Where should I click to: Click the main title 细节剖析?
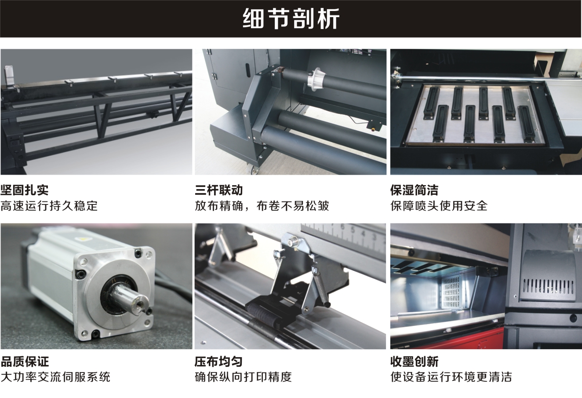pyautogui.click(x=291, y=19)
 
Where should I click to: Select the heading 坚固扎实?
pyautogui.click(x=25, y=190)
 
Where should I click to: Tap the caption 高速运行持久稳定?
pyautogui.click(x=49, y=206)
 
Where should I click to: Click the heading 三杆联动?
pyautogui.click(x=219, y=190)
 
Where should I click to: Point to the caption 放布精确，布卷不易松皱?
pyautogui.click(x=262, y=206)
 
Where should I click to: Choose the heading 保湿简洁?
pyautogui.click(x=414, y=190)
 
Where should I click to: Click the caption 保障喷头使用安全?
pyautogui.click(x=439, y=206)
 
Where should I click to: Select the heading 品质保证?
pyautogui.click(x=25, y=361)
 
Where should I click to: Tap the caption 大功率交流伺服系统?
pyautogui.click(x=55, y=377)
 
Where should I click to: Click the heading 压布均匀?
pyautogui.click(x=219, y=361)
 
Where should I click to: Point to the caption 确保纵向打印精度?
pyautogui.click(x=243, y=377)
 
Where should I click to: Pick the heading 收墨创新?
pyautogui.click(x=414, y=361)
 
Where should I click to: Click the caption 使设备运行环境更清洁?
pyautogui.click(x=451, y=377)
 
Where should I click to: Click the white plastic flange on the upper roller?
pyautogui.click(x=316, y=77)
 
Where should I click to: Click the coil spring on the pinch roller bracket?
pyautogui.click(x=320, y=285)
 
